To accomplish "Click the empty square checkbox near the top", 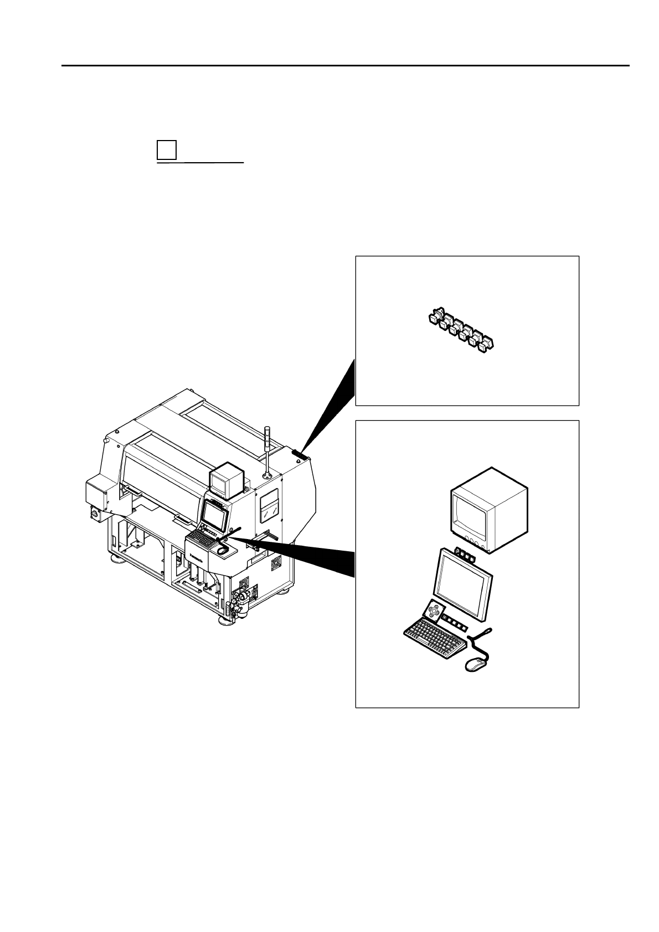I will point(166,150).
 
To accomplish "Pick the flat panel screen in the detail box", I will point(464,584).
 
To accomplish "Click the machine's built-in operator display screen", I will point(215,514).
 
